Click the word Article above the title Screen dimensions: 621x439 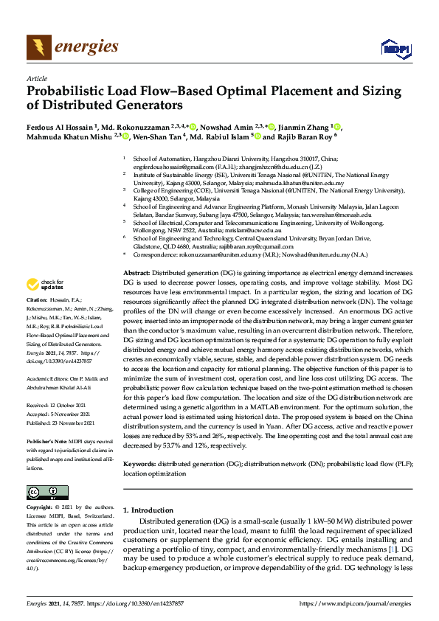pos(37,78)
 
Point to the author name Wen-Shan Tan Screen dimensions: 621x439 pos(160,136)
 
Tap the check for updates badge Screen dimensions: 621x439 pos(46,284)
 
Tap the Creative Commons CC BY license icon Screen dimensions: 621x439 pos(43,492)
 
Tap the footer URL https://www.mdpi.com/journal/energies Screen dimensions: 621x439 pos(355,604)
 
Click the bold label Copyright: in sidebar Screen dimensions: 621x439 pos(41,507)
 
